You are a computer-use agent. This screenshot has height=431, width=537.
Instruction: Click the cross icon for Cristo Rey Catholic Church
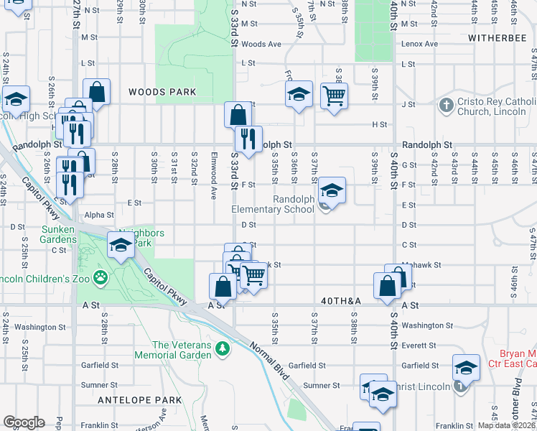(x=446, y=105)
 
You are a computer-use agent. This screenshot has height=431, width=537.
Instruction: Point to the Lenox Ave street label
(x=421, y=44)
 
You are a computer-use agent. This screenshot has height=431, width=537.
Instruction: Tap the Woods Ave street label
(x=261, y=44)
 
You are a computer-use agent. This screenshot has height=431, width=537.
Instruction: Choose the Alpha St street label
(x=99, y=214)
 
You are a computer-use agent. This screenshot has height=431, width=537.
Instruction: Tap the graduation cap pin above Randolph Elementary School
(x=332, y=190)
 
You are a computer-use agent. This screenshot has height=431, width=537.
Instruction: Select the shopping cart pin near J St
(x=334, y=95)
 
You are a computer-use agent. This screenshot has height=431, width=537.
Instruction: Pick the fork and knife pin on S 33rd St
(x=248, y=139)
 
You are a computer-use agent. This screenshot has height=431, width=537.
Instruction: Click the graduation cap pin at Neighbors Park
(x=121, y=245)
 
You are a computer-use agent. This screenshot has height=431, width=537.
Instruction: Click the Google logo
(x=24, y=422)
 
